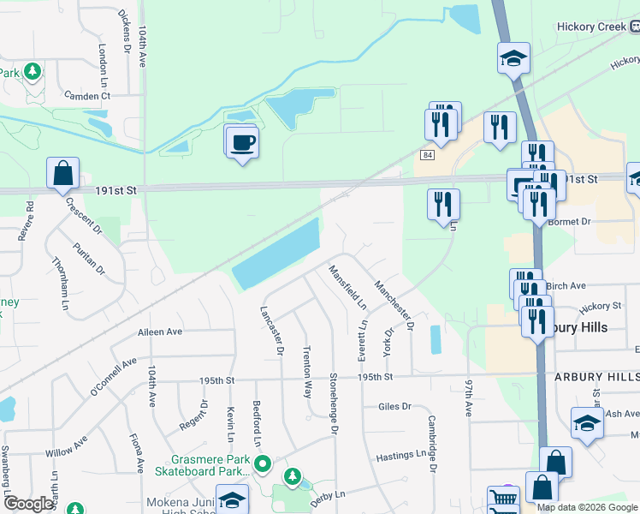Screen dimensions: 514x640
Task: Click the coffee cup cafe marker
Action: click(243, 140)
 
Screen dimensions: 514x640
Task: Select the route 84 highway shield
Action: click(427, 154)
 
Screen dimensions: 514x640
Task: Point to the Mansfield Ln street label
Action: click(348, 287)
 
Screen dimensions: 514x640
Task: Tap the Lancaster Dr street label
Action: click(276, 330)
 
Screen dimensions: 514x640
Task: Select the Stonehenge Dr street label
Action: click(335, 403)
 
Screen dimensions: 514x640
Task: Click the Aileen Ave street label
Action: click(160, 332)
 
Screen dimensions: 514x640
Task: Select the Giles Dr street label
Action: click(394, 406)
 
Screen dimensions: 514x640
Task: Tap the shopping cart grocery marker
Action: click(503, 499)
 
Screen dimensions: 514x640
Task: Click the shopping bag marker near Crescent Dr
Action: click(63, 173)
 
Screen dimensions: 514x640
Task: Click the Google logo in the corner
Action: click(29, 504)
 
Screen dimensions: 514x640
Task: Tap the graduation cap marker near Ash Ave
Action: click(587, 424)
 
